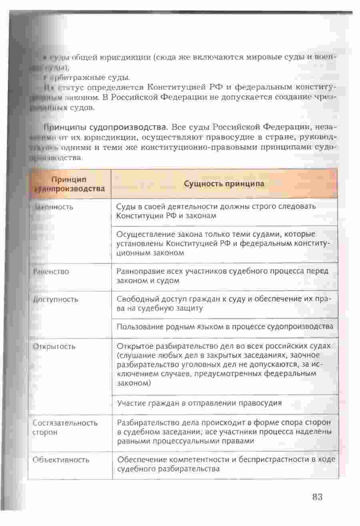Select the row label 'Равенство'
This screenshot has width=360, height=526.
(51, 271)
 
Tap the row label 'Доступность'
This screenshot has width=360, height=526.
(56, 299)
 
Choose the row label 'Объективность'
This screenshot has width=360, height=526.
(61, 460)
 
